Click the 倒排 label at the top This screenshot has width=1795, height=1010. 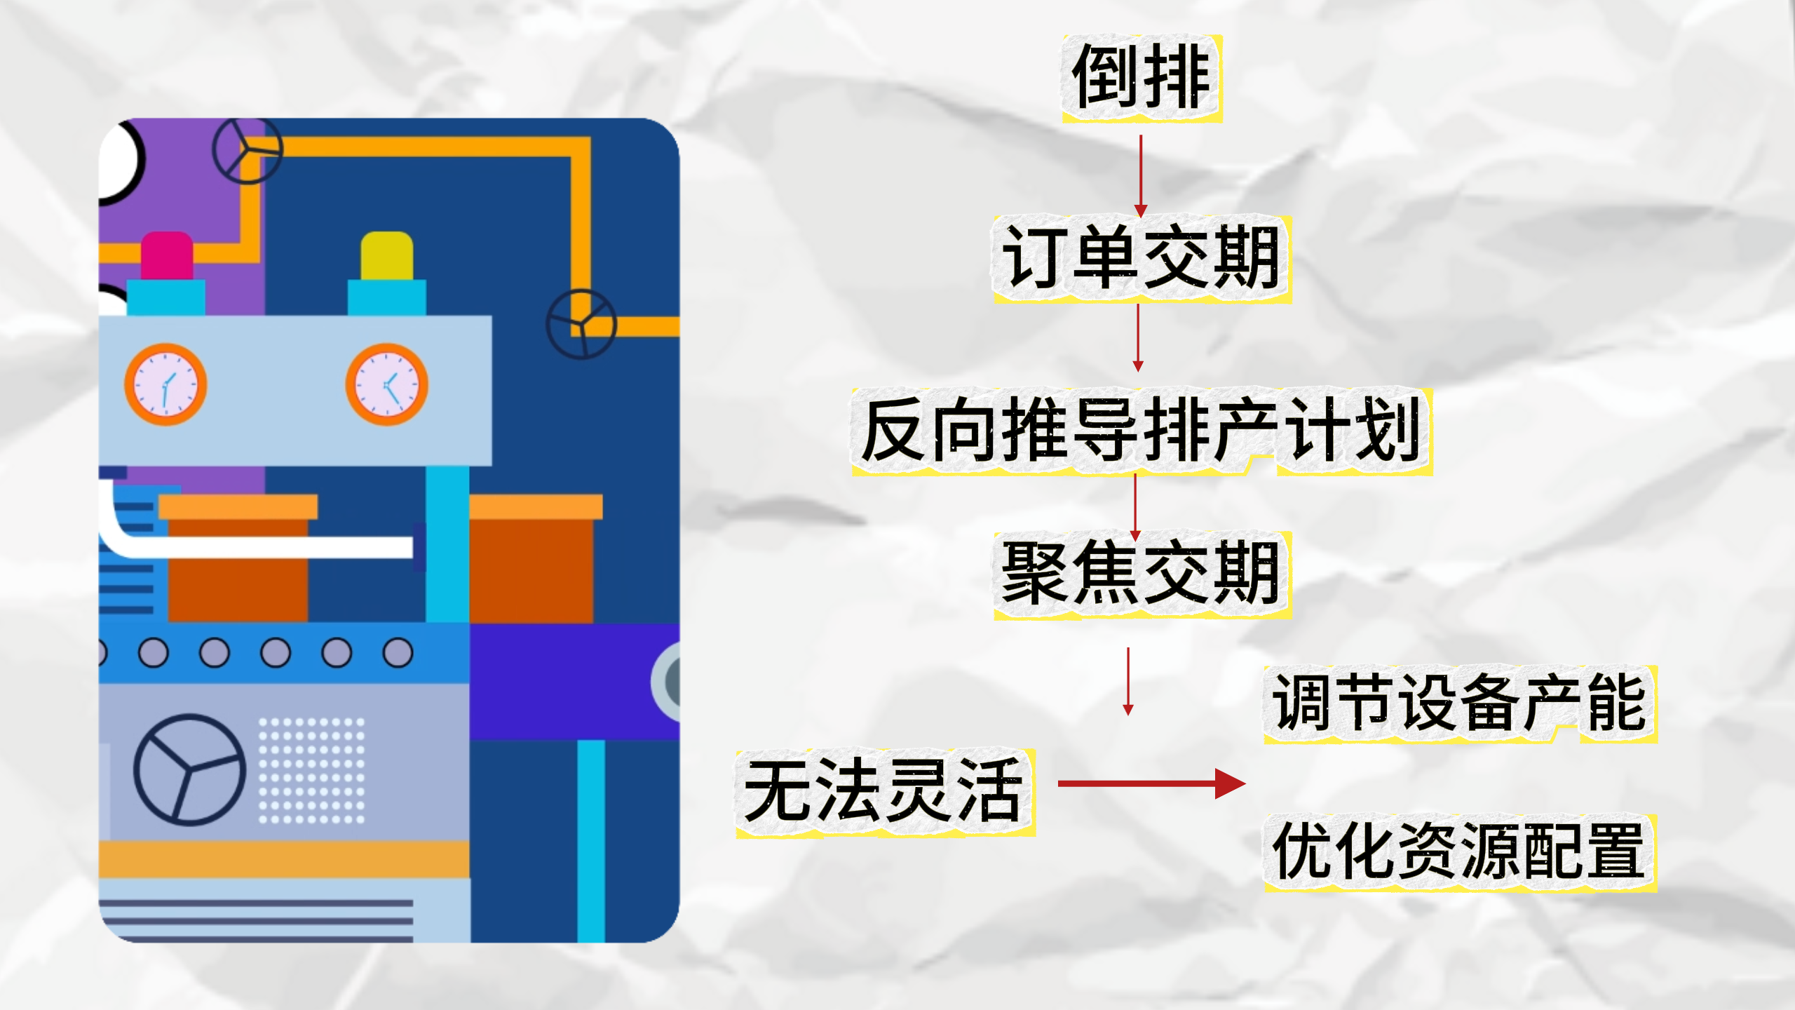(x=1142, y=78)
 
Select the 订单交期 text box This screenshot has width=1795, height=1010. (x=1142, y=259)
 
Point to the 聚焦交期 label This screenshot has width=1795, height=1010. (x=1142, y=574)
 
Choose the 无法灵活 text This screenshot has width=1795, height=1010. (x=885, y=791)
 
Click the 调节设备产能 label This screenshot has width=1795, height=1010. (x=1460, y=703)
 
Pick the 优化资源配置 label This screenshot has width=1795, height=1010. (x=1460, y=852)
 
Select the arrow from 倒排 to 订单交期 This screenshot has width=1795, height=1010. (x=1141, y=175)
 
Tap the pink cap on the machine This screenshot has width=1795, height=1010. (x=167, y=256)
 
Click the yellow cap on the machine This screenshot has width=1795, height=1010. (x=386, y=256)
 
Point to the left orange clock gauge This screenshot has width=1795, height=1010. (x=165, y=384)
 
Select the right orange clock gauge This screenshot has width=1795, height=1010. (x=386, y=384)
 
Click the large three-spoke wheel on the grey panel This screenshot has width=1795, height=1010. (x=189, y=769)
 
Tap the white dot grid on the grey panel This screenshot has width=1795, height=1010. (x=311, y=770)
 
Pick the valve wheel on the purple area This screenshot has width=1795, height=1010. (x=247, y=150)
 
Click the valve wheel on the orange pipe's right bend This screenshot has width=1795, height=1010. (x=581, y=324)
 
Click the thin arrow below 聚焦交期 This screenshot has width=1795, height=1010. (x=1128, y=680)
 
